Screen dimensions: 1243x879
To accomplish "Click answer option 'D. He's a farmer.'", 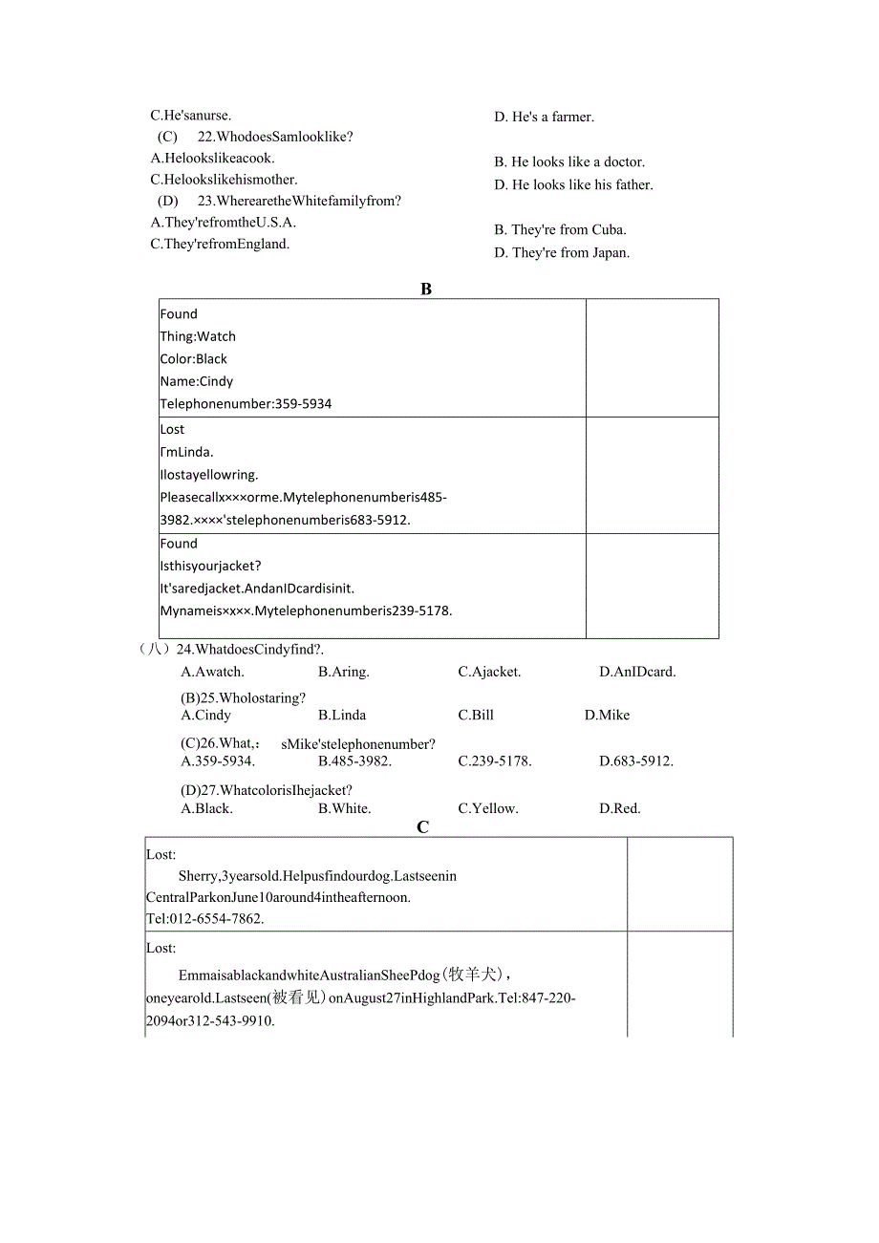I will pyautogui.click(x=544, y=118).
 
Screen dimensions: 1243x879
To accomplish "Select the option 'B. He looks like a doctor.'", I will pyautogui.click(x=568, y=162).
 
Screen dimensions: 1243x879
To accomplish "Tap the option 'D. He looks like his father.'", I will pyautogui.click(x=573, y=185).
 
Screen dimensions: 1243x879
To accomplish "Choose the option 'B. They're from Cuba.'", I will pyautogui.click(x=560, y=230).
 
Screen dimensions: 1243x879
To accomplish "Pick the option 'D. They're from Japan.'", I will pyautogui.click(x=562, y=253).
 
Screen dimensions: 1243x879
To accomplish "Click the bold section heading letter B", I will pyautogui.click(x=426, y=289).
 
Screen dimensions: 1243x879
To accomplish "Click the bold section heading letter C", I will pyautogui.click(x=423, y=827).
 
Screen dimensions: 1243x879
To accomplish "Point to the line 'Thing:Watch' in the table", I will pyautogui.click(x=198, y=336).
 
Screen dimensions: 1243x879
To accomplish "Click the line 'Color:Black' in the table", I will pyautogui.click(x=194, y=359).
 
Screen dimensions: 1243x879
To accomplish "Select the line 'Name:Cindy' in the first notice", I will pyautogui.click(x=197, y=381).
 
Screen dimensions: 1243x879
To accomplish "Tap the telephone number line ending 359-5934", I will pyautogui.click(x=246, y=404).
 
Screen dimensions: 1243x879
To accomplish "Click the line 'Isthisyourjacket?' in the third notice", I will pyautogui.click(x=210, y=566).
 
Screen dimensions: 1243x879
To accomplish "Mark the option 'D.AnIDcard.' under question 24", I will pyautogui.click(x=637, y=672).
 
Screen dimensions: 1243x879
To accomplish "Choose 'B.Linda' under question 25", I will pyautogui.click(x=342, y=716).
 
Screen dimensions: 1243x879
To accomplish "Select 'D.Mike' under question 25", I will pyautogui.click(x=607, y=716).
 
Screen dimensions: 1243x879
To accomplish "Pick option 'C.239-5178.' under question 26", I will pyautogui.click(x=494, y=761).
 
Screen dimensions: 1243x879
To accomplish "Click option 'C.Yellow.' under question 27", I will pyautogui.click(x=487, y=808).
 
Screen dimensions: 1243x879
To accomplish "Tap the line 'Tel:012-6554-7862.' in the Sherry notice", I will pyautogui.click(x=205, y=919).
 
